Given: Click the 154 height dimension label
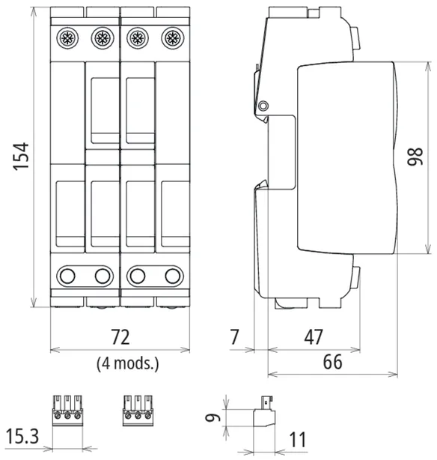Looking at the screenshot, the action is pyautogui.click(x=21, y=157).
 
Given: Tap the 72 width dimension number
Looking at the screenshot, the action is pyautogui.click(x=120, y=337).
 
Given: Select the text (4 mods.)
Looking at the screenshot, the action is pyautogui.click(x=128, y=363).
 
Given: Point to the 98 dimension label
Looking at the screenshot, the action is pyautogui.click(x=415, y=157).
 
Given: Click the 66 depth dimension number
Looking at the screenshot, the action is pyautogui.click(x=333, y=362).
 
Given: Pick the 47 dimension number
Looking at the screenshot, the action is pyautogui.click(x=314, y=337).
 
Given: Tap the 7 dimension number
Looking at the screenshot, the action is pyautogui.click(x=234, y=337).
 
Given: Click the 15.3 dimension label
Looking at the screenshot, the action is pyautogui.click(x=22, y=436).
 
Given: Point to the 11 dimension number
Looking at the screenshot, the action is pyautogui.click(x=298, y=440).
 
